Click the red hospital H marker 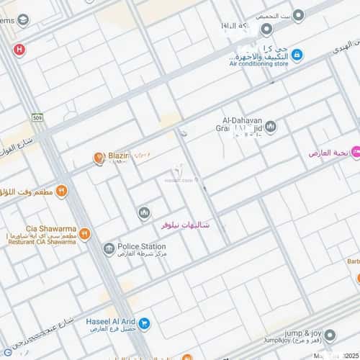point(19,49)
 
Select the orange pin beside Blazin point(99,158)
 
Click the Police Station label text point(143,246)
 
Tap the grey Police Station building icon point(109,250)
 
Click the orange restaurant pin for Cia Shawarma point(85,234)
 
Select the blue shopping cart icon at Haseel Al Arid point(145,325)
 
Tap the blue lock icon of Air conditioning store point(297,55)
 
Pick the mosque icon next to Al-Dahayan point(271,127)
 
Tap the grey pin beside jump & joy point(329,336)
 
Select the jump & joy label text point(302,333)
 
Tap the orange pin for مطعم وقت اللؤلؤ point(61,191)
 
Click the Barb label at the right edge point(352,261)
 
